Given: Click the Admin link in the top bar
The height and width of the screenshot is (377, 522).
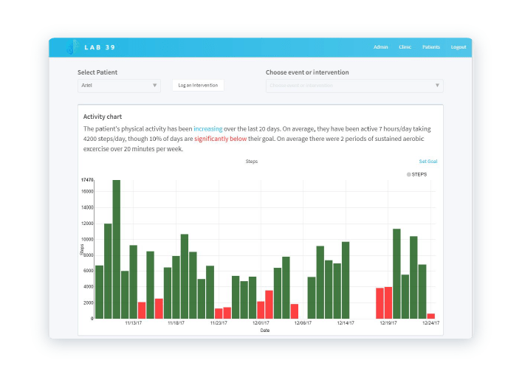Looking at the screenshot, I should pos(380,47).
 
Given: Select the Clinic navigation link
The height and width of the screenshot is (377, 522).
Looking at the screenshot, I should pos(405,47).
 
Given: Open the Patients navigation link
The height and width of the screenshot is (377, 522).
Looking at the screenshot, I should pos(431,47).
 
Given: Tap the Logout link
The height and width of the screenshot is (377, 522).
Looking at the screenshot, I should pos(459,47).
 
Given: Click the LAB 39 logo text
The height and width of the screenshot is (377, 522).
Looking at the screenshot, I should pos(100,48).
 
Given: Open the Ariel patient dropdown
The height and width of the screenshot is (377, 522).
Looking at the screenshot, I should pos(119,86).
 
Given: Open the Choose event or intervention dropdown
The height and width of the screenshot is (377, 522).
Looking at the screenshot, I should pos(354,86).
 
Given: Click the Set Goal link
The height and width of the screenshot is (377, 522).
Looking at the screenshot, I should pos(428,162).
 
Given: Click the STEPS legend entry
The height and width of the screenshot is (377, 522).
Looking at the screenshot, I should pos(418,174).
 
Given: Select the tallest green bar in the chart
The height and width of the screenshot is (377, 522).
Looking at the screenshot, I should pos(116,249).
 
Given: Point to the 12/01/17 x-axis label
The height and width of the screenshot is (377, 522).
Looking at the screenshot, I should pos(261,323).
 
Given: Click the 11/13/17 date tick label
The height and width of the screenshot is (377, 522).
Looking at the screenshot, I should pos(134,323).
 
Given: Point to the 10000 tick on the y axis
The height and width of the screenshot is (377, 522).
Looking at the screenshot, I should pos(86,240).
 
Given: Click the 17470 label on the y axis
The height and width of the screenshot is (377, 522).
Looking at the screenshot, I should pos(87,180).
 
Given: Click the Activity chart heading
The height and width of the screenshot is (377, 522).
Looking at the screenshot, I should pos(103,117).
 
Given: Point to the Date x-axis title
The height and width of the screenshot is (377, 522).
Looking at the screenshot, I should pos(264,331).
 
